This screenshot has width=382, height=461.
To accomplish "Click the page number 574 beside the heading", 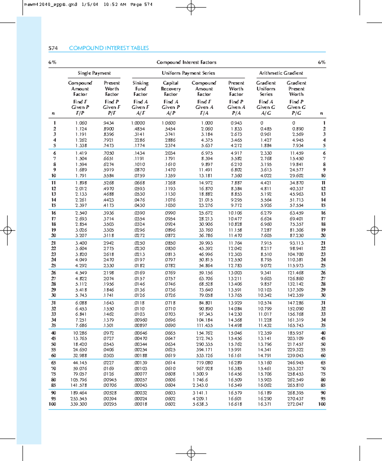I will coord(53,48).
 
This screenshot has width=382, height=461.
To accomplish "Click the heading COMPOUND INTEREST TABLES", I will coord(109,48).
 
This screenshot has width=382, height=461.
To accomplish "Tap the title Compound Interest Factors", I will coord(186,62).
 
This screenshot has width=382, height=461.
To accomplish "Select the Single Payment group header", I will coord(94,73).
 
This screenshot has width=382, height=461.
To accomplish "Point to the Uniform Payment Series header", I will coord(188,73).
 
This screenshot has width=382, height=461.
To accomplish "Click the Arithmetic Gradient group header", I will coord(281,73).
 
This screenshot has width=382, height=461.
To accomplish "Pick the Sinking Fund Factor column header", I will coord(140,89).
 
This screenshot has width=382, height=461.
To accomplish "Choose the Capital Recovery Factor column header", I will coord(171,89).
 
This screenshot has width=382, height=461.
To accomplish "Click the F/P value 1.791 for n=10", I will coord(81,176).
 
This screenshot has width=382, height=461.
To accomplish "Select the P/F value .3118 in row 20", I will coord(109,236).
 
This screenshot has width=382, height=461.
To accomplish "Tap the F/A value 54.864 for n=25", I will coord(206,266).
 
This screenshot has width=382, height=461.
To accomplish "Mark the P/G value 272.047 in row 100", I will coord(295,404).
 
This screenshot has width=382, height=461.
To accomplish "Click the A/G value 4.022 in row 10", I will coord(266,176).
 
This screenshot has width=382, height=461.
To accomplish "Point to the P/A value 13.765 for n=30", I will coord(235,296).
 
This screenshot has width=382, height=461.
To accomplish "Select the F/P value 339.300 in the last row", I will coord(79,404).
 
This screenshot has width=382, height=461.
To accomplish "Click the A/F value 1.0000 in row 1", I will coord(138,123).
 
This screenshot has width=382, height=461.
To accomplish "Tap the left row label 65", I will coord(53,363).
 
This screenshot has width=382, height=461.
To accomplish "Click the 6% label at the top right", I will coord(322,62).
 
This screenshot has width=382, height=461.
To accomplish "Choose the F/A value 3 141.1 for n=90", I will coord(200,393).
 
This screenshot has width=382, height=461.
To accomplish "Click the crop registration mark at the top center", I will coord(191,7).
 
